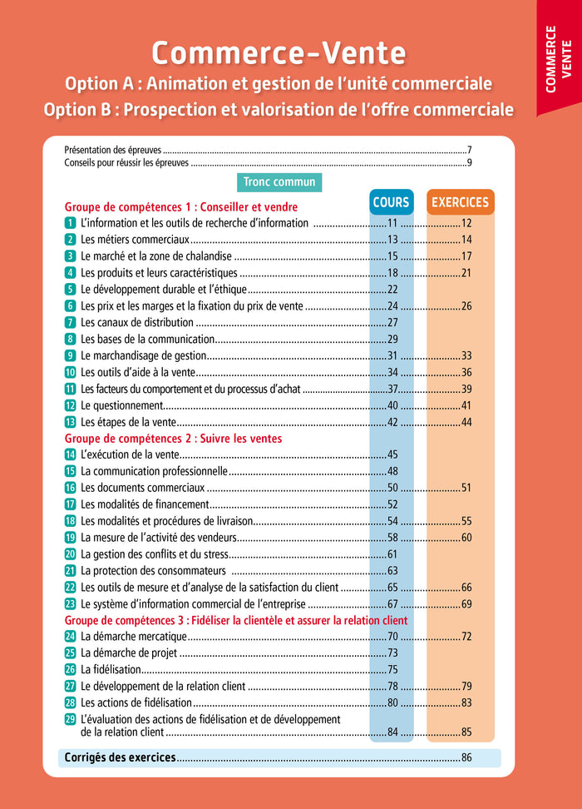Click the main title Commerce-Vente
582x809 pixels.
[279, 53]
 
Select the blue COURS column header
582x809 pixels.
[391, 202]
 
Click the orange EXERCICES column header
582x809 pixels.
[460, 202]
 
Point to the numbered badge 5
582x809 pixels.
[71, 290]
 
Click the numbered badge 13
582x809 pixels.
[71, 422]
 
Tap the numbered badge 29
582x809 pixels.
[71, 719]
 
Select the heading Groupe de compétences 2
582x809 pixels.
[173, 439]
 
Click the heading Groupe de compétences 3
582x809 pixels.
[236, 620]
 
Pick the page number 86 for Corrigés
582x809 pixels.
[466, 758]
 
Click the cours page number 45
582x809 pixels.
[393, 454]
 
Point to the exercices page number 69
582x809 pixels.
[466, 604]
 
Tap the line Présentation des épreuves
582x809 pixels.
[113, 150]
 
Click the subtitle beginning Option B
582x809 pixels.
[279, 109]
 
